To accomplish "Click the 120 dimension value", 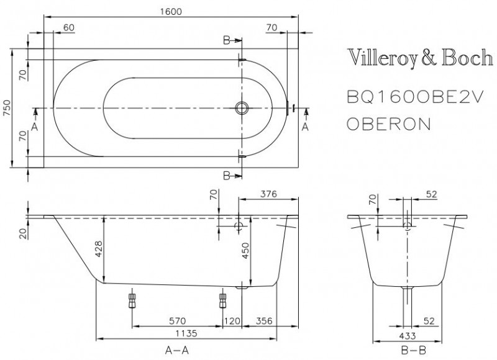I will tap(231, 321).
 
